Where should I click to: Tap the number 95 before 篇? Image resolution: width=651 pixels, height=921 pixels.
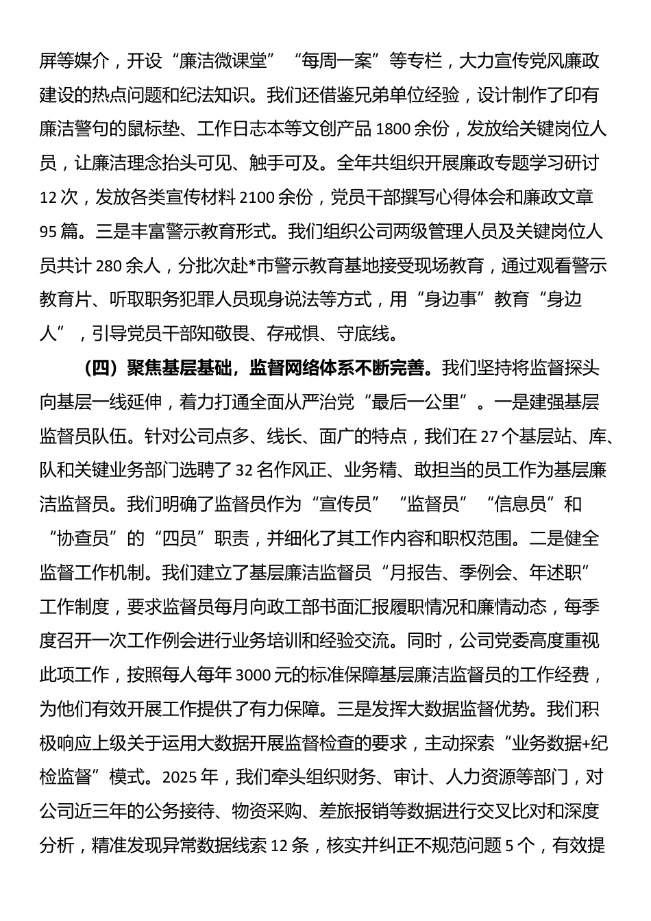(x=49, y=232)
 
